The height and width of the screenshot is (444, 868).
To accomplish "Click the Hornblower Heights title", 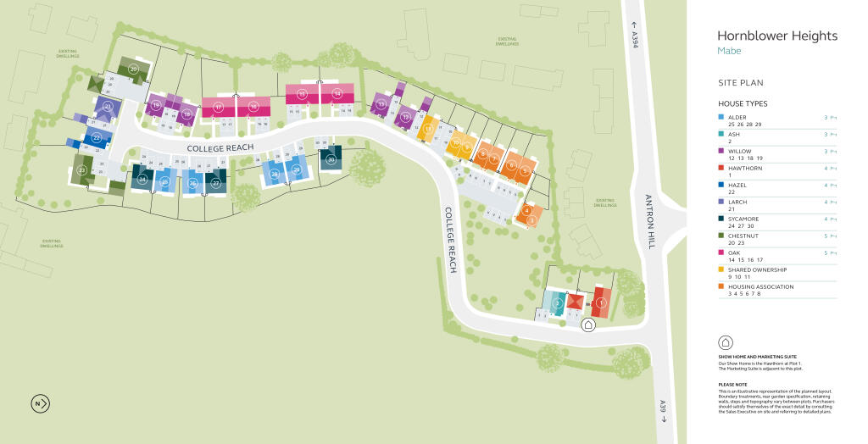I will point(776,36).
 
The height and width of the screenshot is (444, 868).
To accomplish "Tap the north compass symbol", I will point(40,403).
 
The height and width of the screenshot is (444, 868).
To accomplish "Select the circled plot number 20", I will point(133,69).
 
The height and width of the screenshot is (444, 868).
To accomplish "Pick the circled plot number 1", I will point(601,302).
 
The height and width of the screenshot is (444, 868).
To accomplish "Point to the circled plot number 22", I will point(97,138).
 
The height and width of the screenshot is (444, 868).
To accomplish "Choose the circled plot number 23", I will point(82,170).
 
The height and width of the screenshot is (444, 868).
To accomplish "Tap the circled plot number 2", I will point(557,302).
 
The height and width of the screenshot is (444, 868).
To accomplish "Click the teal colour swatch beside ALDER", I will point(721,118).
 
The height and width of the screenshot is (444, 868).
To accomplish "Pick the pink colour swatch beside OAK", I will point(721,253).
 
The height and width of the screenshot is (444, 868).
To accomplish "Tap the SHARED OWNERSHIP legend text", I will point(763,269).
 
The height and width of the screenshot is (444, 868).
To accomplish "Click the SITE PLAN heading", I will point(741,83).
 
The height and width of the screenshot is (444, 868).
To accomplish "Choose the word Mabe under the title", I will point(729,51).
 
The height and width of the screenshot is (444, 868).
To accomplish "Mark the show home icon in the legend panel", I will point(726,342).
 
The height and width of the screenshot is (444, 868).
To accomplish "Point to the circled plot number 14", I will point(337,93).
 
